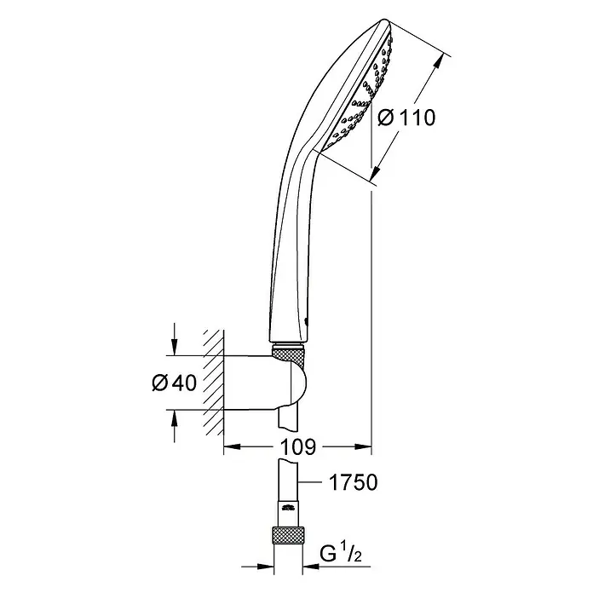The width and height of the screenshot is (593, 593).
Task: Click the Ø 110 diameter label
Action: point(406,118)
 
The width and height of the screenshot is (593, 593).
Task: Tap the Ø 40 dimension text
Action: point(175,383)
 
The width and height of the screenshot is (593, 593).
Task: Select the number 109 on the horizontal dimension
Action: point(297,447)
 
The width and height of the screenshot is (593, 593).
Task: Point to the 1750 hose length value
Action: point(354,482)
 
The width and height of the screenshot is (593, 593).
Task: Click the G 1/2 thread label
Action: point(341,554)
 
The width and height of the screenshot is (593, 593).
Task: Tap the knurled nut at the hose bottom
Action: point(288,535)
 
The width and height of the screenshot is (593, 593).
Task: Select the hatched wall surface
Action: point(214,382)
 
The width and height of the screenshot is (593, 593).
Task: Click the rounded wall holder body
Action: point(265,382)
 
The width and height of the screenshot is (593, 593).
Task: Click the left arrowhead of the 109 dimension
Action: point(233,447)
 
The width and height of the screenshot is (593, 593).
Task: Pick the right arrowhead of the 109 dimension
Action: point(363,447)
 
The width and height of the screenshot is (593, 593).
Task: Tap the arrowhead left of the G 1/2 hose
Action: point(265,567)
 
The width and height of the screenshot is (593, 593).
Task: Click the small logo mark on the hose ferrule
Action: point(289,509)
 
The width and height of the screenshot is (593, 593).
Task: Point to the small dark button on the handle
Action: point(306,321)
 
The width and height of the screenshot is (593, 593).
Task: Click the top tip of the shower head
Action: point(384,20)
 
